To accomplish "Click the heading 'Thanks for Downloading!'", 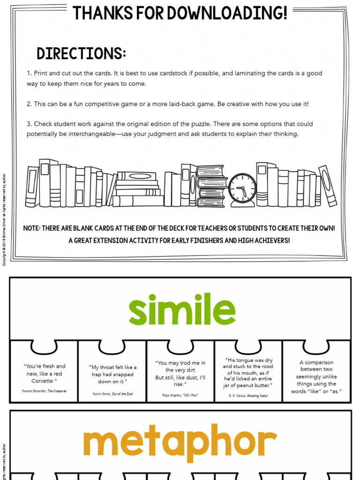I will (180, 13).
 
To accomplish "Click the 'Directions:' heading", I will (81, 54).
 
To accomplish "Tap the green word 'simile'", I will (182, 310).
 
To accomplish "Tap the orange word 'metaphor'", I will (180, 442).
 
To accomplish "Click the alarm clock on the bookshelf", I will (242, 189).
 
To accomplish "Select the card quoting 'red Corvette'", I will (44, 373).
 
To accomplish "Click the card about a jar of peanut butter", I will (248, 373).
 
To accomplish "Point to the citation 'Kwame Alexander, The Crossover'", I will (44, 390).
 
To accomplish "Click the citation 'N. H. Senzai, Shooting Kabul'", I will (248, 396).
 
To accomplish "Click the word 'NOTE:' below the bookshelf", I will (31, 229).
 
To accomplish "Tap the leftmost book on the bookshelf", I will (32, 187).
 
